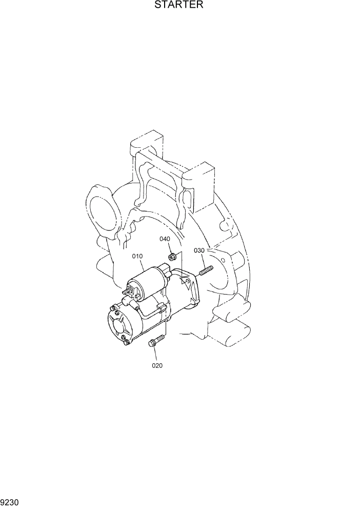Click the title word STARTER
coord(179,6)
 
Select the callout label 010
coord(137,256)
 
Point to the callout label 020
coord(157,366)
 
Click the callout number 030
coord(199,250)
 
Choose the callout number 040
coord(165,239)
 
